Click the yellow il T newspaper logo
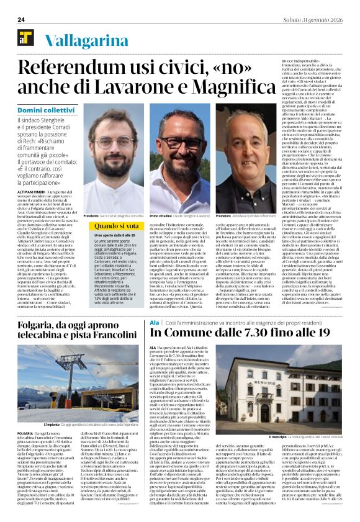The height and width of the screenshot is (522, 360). [x=25, y=36]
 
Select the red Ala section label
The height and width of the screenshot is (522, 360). [x=154, y=323]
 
